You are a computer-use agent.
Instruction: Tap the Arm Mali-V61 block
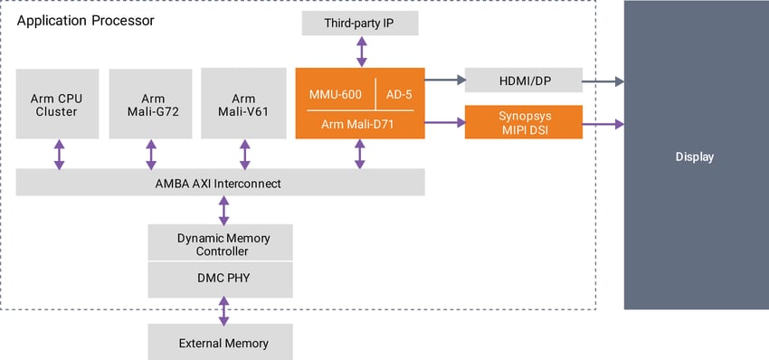(x=243, y=104)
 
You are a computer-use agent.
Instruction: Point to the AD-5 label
(x=399, y=92)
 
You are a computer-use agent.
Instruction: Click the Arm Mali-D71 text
(x=360, y=123)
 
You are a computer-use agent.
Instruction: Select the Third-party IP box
(x=360, y=24)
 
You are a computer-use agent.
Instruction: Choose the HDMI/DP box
(x=523, y=81)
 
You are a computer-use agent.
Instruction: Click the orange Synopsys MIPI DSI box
(x=523, y=122)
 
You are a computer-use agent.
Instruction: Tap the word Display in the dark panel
(x=695, y=156)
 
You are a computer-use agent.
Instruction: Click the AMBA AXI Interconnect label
(x=221, y=184)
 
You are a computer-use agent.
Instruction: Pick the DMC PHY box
(x=221, y=278)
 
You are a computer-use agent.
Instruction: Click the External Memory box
(x=221, y=344)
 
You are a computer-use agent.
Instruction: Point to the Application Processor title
(x=85, y=19)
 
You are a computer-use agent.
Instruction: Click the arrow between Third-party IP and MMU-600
(x=361, y=52)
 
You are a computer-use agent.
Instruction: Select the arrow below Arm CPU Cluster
(x=60, y=154)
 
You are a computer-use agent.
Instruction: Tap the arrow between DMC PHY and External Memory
(x=223, y=312)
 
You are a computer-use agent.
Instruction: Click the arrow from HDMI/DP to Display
(x=603, y=81)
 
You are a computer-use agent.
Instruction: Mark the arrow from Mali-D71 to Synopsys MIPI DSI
(x=444, y=122)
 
